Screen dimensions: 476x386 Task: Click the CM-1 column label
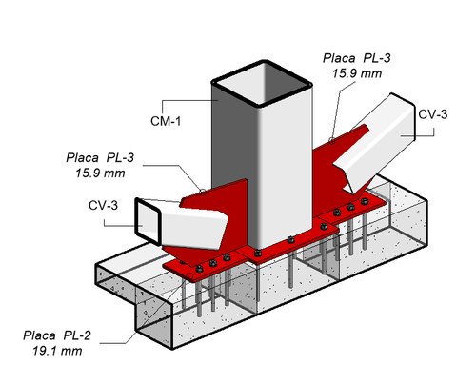(x=166, y=121)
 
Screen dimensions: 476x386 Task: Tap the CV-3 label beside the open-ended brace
(x=103, y=206)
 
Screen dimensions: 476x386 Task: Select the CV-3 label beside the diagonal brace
(x=433, y=114)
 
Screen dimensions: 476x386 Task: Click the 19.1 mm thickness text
(x=57, y=351)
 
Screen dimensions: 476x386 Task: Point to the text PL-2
(x=77, y=335)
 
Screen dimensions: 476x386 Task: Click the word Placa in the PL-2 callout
(x=39, y=335)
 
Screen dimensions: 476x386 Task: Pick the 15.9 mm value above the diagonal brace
(x=357, y=73)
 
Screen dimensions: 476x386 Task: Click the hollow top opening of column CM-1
(x=263, y=83)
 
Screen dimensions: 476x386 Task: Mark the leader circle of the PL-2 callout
(x=190, y=275)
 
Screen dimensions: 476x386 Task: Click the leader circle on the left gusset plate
(x=203, y=192)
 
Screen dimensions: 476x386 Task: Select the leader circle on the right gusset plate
(x=332, y=140)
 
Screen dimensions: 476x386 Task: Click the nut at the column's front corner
(x=258, y=254)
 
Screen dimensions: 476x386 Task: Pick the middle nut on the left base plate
(x=212, y=263)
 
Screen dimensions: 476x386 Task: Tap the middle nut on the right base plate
(x=350, y=207)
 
